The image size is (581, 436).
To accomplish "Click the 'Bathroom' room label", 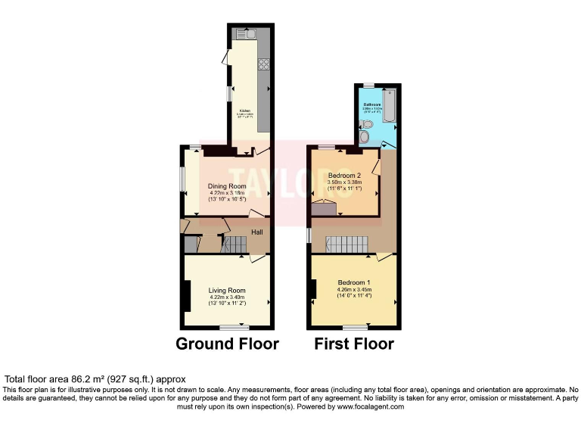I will pos(371,104).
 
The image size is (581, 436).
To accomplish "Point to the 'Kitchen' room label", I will pos(245,110).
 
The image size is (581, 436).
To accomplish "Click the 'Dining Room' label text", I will pos(227,185).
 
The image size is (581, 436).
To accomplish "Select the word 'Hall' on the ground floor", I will pos(257,232).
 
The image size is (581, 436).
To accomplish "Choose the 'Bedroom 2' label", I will pos(344,175).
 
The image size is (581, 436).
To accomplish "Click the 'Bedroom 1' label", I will pos(353,282).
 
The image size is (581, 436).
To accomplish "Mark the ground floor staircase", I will pos(234,244).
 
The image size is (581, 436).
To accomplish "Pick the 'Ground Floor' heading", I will pos(227,344).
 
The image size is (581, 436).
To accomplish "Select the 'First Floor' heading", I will pos(354,344).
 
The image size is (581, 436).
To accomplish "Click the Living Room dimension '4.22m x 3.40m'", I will pos(227,297).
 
